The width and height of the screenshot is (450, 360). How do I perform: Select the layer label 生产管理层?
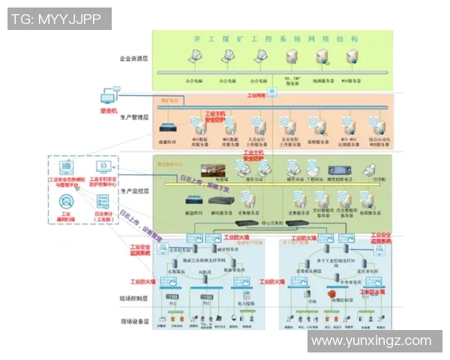(x=134, y=118)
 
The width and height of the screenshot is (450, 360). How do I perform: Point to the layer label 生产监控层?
(x=134, y=191)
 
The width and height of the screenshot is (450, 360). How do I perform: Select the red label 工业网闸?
(x=257, y=96)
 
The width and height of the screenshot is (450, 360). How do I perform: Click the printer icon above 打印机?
(x=369, y=168)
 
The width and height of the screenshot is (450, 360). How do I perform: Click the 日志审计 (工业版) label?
(x=103, y=217)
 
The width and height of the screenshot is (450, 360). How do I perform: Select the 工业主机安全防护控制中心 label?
(x=104, y=180)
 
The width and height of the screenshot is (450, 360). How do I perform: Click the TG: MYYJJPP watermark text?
(x=56, y=19)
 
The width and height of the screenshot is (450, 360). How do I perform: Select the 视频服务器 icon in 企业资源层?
(x=323, y=57)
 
